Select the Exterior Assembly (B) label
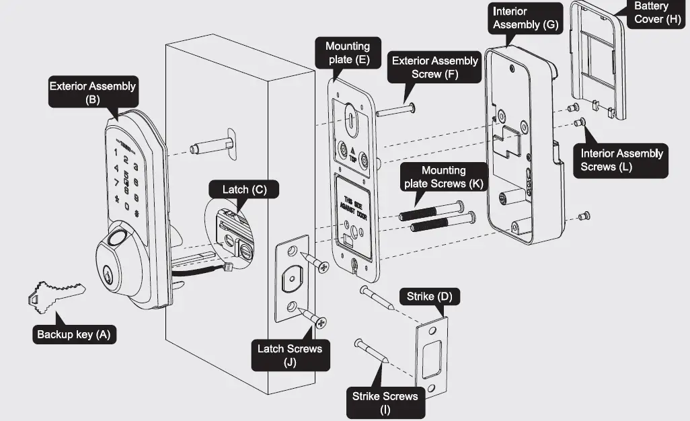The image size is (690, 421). [92, 92]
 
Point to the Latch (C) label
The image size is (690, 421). [245, 190]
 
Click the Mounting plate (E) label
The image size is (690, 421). [348, 52]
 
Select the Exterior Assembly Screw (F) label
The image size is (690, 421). [434, 67]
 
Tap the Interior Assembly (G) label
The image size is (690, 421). [525, 18]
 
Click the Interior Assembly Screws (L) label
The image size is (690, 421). [621, 160]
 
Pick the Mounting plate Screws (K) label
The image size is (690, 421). [443, 177]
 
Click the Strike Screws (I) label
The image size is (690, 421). [385, 402]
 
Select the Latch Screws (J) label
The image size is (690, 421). [290, 354]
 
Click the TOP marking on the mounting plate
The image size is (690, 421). [353, 157]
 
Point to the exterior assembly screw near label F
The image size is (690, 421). [396, 110]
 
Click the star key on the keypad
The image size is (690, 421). [116, 199]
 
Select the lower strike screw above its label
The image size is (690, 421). [372, 351]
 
